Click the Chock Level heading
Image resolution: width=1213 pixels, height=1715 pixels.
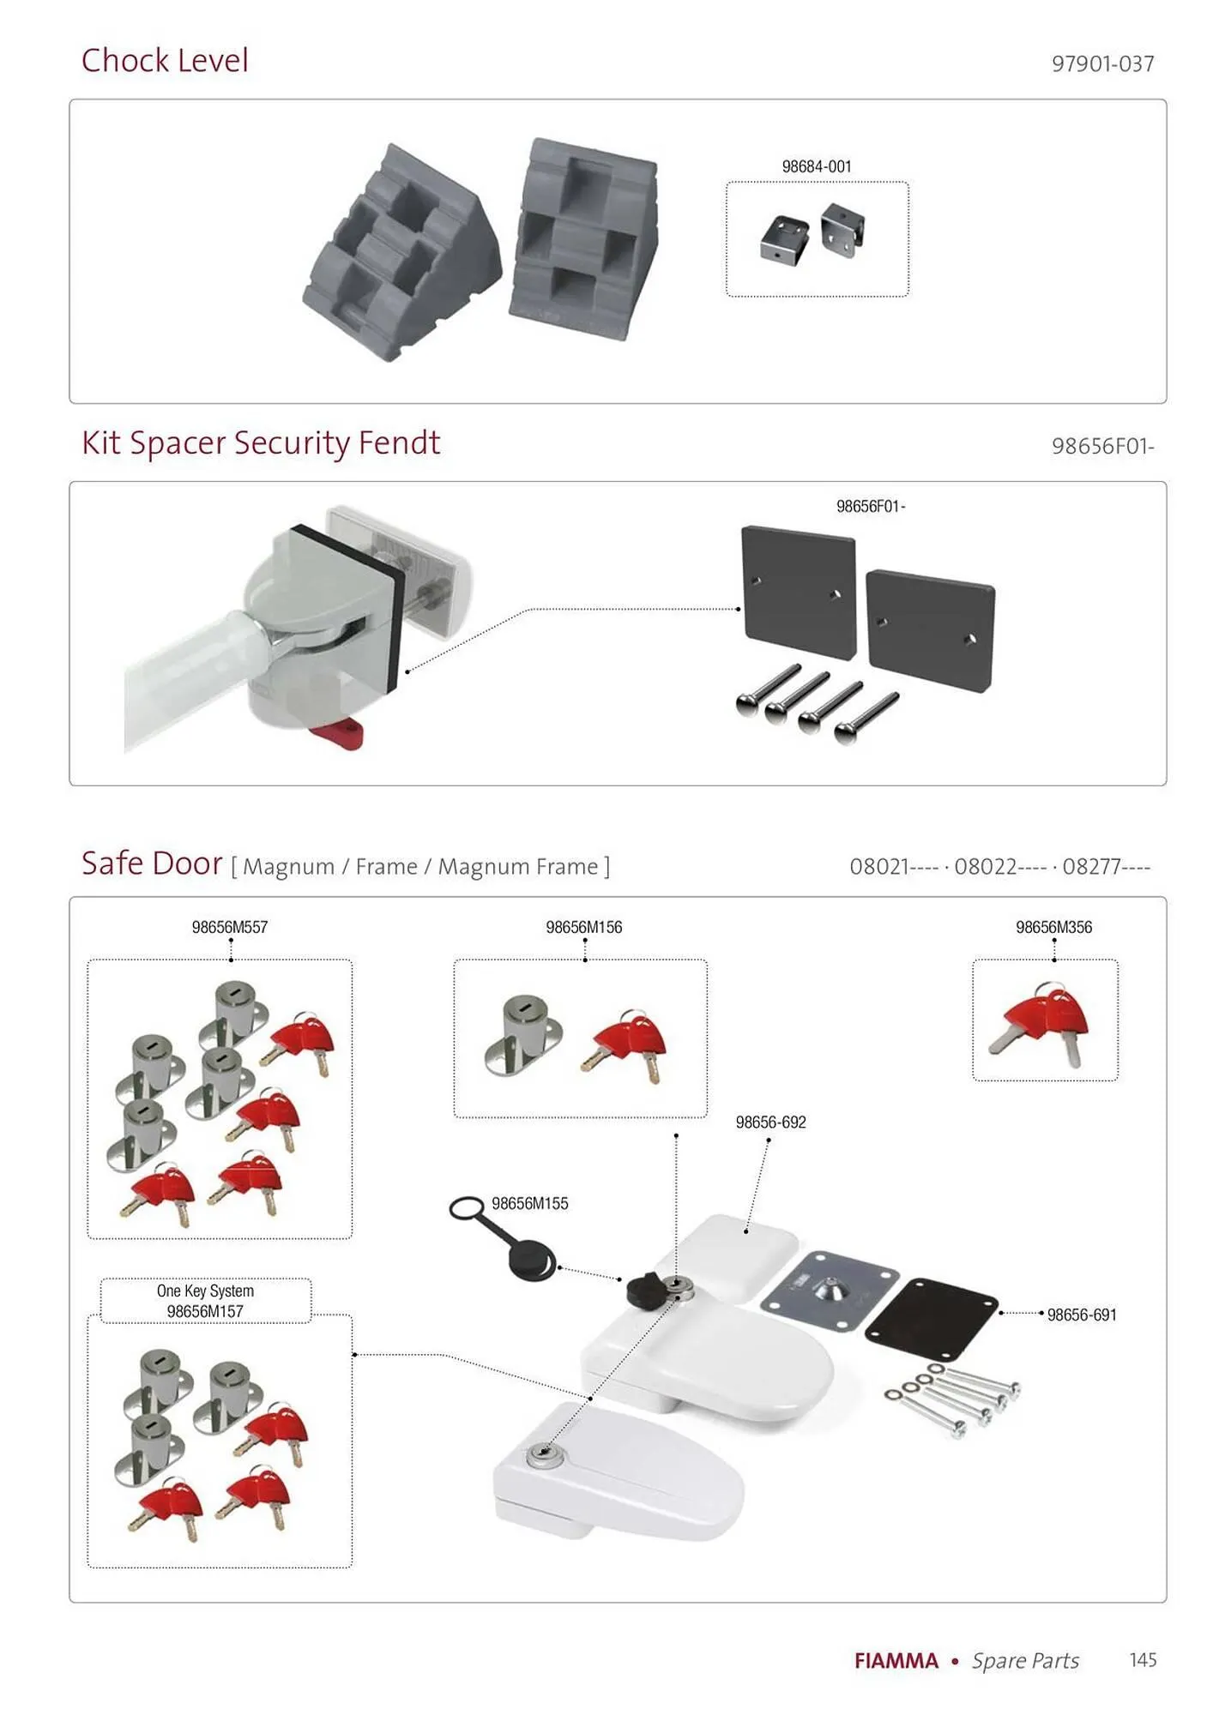165,61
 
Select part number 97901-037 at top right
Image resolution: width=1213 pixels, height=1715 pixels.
1102,64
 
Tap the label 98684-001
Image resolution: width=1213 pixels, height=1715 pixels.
816,166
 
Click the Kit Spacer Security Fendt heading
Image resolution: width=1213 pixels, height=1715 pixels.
261,443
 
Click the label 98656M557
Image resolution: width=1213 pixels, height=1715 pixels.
230,927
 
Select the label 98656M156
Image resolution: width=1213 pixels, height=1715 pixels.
584,927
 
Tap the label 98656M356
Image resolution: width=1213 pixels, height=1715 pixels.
1053,927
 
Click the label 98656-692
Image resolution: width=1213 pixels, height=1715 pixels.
770,1122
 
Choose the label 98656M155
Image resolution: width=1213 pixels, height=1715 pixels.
530,1204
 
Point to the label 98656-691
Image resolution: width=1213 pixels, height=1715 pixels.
1082,1315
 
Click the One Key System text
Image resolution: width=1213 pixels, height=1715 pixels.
205,1291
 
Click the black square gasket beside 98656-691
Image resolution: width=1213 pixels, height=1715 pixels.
932,1319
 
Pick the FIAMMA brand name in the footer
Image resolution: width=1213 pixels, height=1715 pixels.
896,1661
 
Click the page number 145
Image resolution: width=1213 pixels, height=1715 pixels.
1143,1660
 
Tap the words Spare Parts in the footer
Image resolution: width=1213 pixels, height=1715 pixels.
1025,1661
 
